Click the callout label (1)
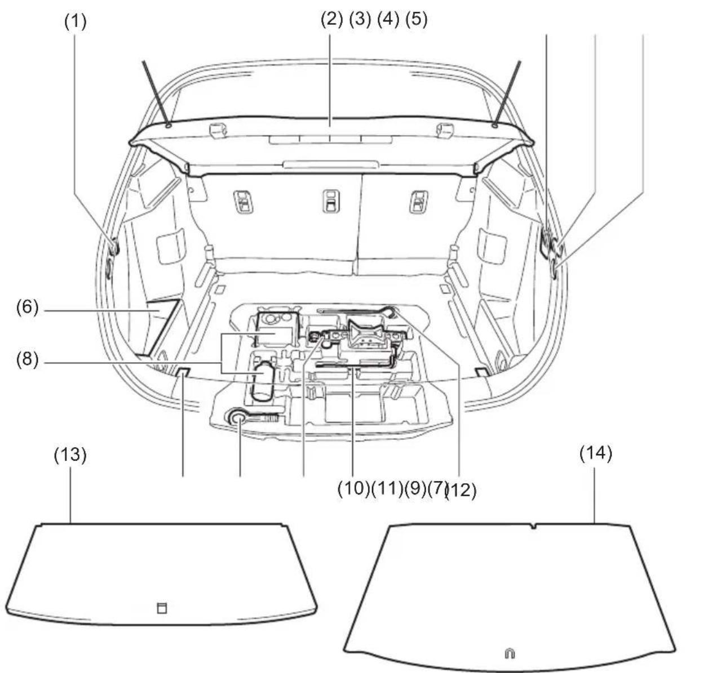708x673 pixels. tap(76, 21)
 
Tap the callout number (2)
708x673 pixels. tap(331, 19)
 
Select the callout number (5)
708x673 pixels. tap(417, 19)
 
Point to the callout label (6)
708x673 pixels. tap(28, 307)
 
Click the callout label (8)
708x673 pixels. tap(28, 360)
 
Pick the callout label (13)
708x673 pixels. tap(70, 454)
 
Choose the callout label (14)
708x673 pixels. tap(596, 453)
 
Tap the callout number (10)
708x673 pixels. tap(353, 489)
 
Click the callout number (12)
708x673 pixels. tap(462, 491)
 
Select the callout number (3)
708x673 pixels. tap(360, 19)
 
